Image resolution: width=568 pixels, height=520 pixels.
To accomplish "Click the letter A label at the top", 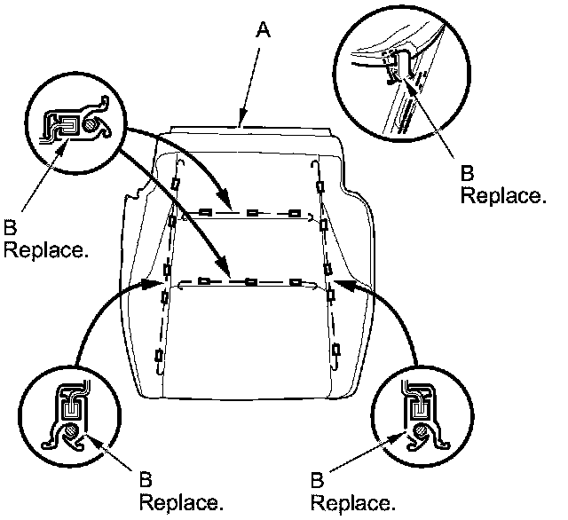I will [x=262, y=32].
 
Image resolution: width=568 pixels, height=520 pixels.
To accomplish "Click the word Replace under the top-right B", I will [x=502, y=196].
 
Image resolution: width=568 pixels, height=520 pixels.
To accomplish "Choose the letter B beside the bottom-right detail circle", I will [x=317, y=481].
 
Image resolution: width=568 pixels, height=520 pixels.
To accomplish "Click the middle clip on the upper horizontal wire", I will [x=252, y=213].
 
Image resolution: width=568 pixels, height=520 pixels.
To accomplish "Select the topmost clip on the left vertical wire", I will [x=176, y=185].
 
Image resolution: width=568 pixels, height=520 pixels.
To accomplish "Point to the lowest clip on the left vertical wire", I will [x=158, y=357].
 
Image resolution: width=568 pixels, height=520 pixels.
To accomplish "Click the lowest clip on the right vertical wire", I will [x=336, y=352].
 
